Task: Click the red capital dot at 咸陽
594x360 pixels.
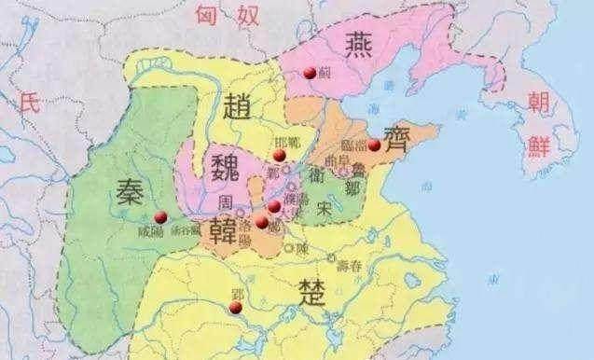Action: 159,218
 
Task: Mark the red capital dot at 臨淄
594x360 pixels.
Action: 375,145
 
